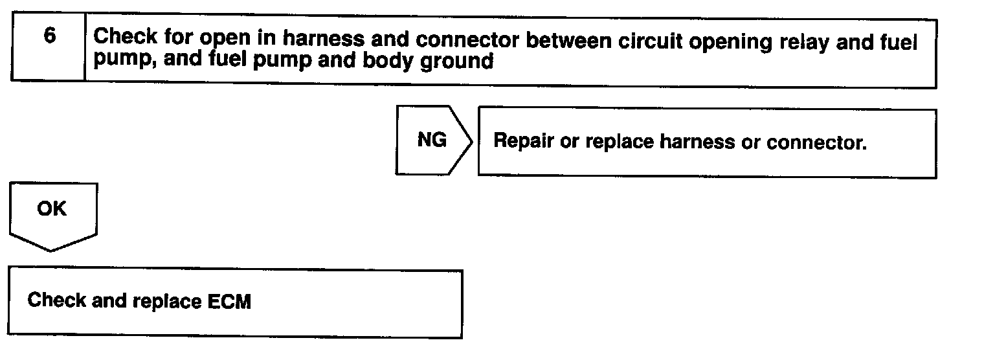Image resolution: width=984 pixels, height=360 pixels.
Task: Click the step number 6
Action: pos(49,36)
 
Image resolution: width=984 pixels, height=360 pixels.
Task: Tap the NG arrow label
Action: pos(432,141)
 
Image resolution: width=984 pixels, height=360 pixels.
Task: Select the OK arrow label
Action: pos(52,210)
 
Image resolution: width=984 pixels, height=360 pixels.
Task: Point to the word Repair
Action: pos(523,142)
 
